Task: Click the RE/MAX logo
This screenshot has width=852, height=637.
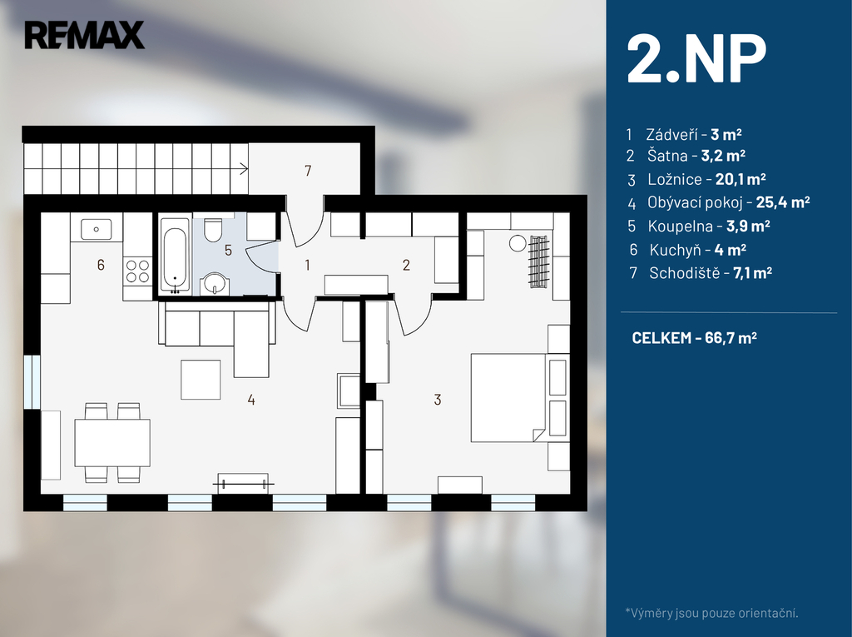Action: [x=84, y=35]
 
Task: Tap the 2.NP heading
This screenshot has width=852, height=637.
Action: [x=696, y=59]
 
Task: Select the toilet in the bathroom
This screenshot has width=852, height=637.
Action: [x=212, y=230]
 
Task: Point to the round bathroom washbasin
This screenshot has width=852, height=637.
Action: [x=215, y=283]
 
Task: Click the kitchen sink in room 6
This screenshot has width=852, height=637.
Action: [x=97, y=229]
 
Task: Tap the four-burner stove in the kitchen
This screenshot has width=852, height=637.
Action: [x=137, y=271]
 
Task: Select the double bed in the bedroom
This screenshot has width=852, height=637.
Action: [x=508, y=397]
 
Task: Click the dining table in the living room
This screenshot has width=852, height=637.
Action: [x=112, y=442]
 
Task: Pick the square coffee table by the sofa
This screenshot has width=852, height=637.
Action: [x=201, y=380]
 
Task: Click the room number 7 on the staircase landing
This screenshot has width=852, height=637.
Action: [x=308, y=171]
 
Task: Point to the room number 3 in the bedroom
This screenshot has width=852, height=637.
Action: [x=438, y=400]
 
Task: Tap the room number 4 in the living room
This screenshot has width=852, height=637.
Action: [x=251, y=400]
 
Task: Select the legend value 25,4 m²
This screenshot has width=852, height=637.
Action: [x=783, y=202]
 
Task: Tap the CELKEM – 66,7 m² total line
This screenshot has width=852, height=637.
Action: [x=695, y=338]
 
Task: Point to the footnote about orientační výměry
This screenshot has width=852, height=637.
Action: [x=712, y=613]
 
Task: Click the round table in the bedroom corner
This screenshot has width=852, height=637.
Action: [x=518, y=243]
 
